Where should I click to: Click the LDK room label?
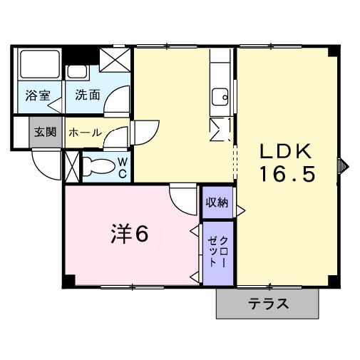pos(284,151)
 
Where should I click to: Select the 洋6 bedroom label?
pos(130,234)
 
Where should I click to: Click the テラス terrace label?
pos(269,304)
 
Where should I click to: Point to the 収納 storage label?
pos(217,203)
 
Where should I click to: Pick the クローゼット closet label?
pos(219,252)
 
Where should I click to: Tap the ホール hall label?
pos(84,133)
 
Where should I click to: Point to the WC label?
pos(122,168)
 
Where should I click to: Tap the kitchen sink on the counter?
pos(220,95)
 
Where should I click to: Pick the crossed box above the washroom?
pos(115,60)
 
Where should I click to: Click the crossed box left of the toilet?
pos(72,166)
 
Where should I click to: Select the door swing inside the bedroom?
pos(184,196)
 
